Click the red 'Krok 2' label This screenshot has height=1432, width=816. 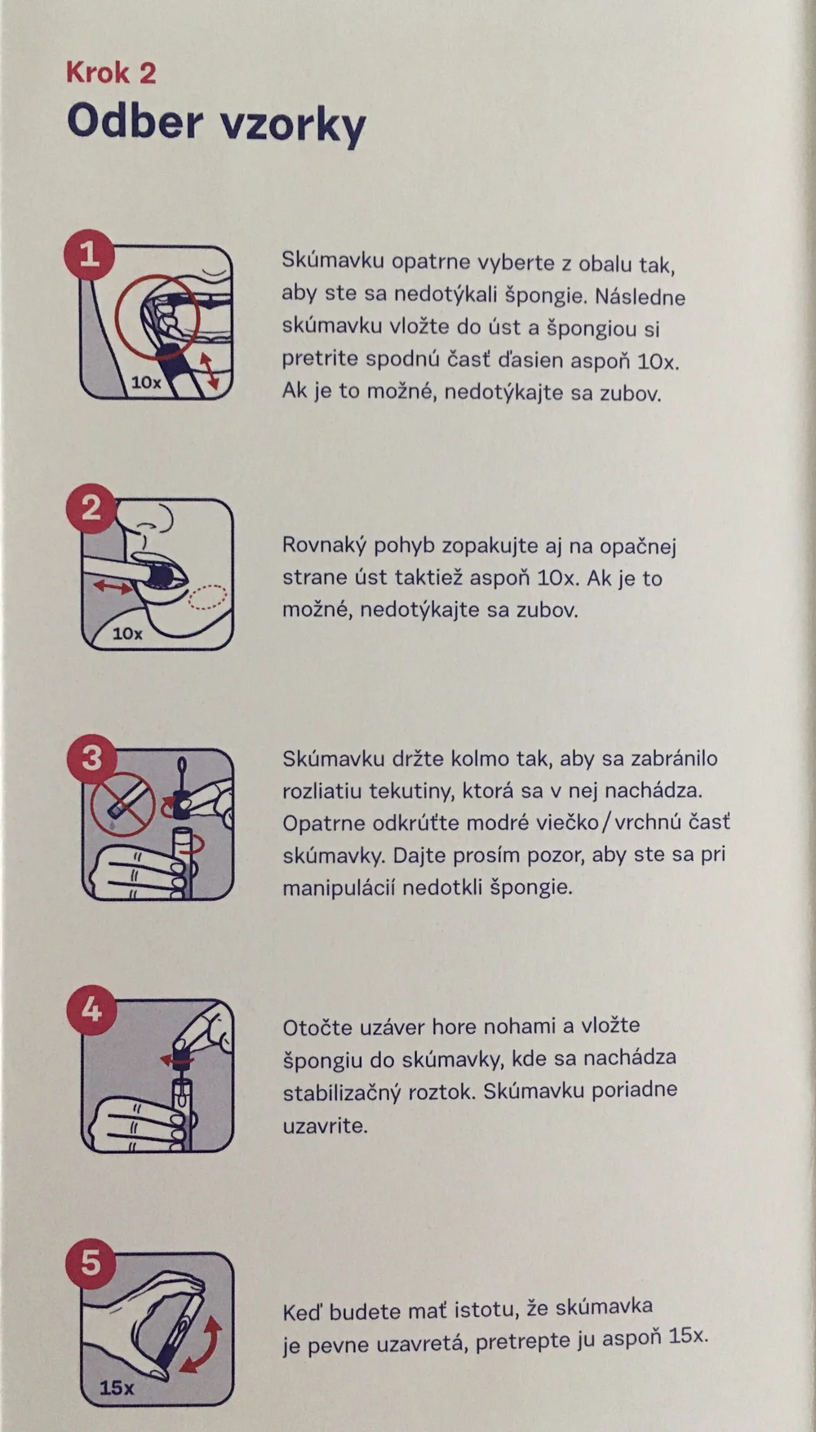[111, 73]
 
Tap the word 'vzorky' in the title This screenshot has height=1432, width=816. [293, 125]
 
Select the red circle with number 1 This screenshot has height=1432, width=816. [89, 255]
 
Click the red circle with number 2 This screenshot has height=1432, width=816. [91, 508]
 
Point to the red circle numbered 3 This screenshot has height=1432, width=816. [91, 758]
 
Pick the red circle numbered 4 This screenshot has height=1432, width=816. [91, 1010]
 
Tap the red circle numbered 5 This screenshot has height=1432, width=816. [91, 1263]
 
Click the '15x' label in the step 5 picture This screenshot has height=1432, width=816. [117, 1387]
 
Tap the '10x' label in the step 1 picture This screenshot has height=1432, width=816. [146, 382]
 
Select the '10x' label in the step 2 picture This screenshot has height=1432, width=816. [127, 633]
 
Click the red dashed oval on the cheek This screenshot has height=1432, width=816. [206, 597]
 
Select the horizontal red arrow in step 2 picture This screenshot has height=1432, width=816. [113, 586]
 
